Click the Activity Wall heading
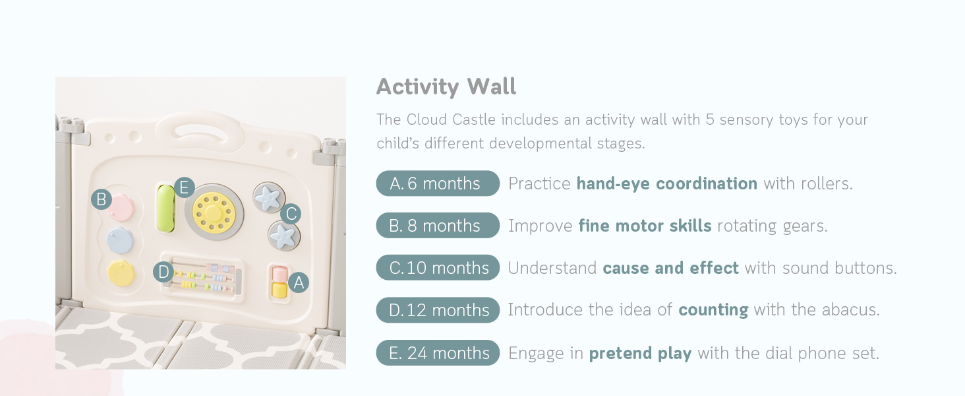(446, 86)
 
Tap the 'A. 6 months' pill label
(438, 183)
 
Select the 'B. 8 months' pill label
(438, 225)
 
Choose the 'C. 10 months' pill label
(438, 267)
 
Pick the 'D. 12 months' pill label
(438, 310)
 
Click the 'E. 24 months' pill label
(438, 353)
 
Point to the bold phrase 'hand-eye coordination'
(667, 183)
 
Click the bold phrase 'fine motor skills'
(645, 226)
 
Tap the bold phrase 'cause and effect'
(671, 268)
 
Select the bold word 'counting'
(713, 310)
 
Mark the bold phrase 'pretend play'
(640, 353)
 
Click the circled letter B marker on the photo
(102, 199)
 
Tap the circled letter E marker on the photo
(185, 187)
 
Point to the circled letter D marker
(163, 272)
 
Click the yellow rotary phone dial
(214, 212)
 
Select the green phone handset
(166, 209)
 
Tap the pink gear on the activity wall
(121, 208)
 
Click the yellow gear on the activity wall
(121, 273)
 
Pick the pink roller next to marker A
(279, 274)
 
